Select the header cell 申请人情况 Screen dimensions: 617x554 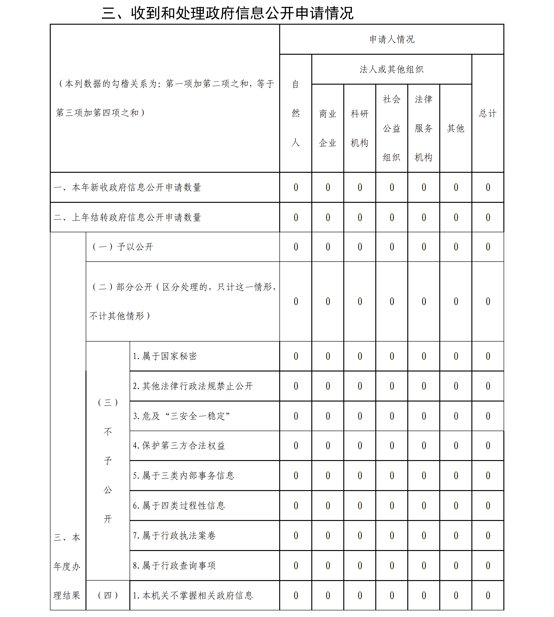(392, 39)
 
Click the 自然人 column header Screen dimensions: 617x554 (296, 113)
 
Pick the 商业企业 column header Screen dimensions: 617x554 (327, 128)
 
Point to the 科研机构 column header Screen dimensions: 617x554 (359, 128)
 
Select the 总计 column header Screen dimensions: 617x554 (488, 113)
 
